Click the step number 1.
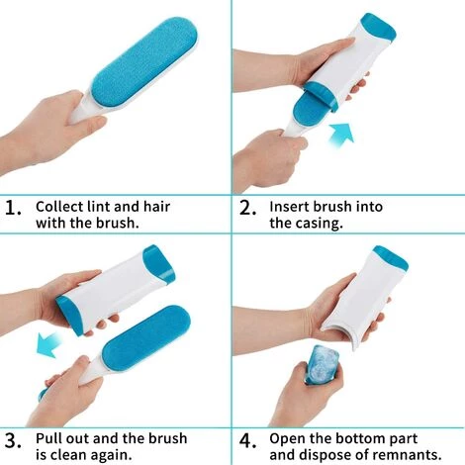(13, 208)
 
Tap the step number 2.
(247, 208)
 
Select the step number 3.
(13, 440)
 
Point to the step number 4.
(247, 440)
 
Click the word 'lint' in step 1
(99, 207)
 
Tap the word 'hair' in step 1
(156, 207)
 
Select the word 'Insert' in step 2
(289, 207)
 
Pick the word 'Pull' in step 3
(48, 438)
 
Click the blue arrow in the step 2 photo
(341, 135)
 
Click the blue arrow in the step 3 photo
(49, 344)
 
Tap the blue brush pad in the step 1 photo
(144, 63)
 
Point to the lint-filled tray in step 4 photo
(322, 364)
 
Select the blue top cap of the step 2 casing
(380, 27)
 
